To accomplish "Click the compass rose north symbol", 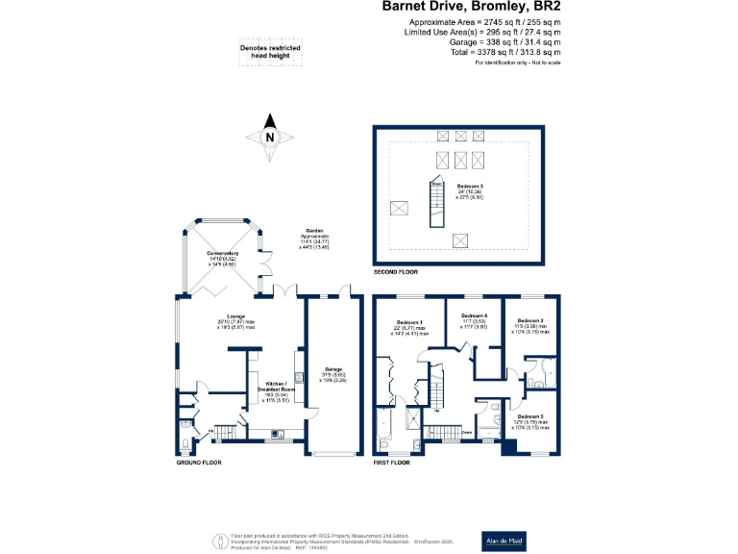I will tap(270, 137).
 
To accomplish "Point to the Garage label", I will tap(333, 369).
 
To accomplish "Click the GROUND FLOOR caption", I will tap(199, 463).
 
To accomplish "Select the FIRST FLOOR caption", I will tap(391, 463).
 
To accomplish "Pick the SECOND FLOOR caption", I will tap(396, 272).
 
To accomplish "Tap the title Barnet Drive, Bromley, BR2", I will tap(472, 7).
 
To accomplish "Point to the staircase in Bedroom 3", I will tap(437, 198).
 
